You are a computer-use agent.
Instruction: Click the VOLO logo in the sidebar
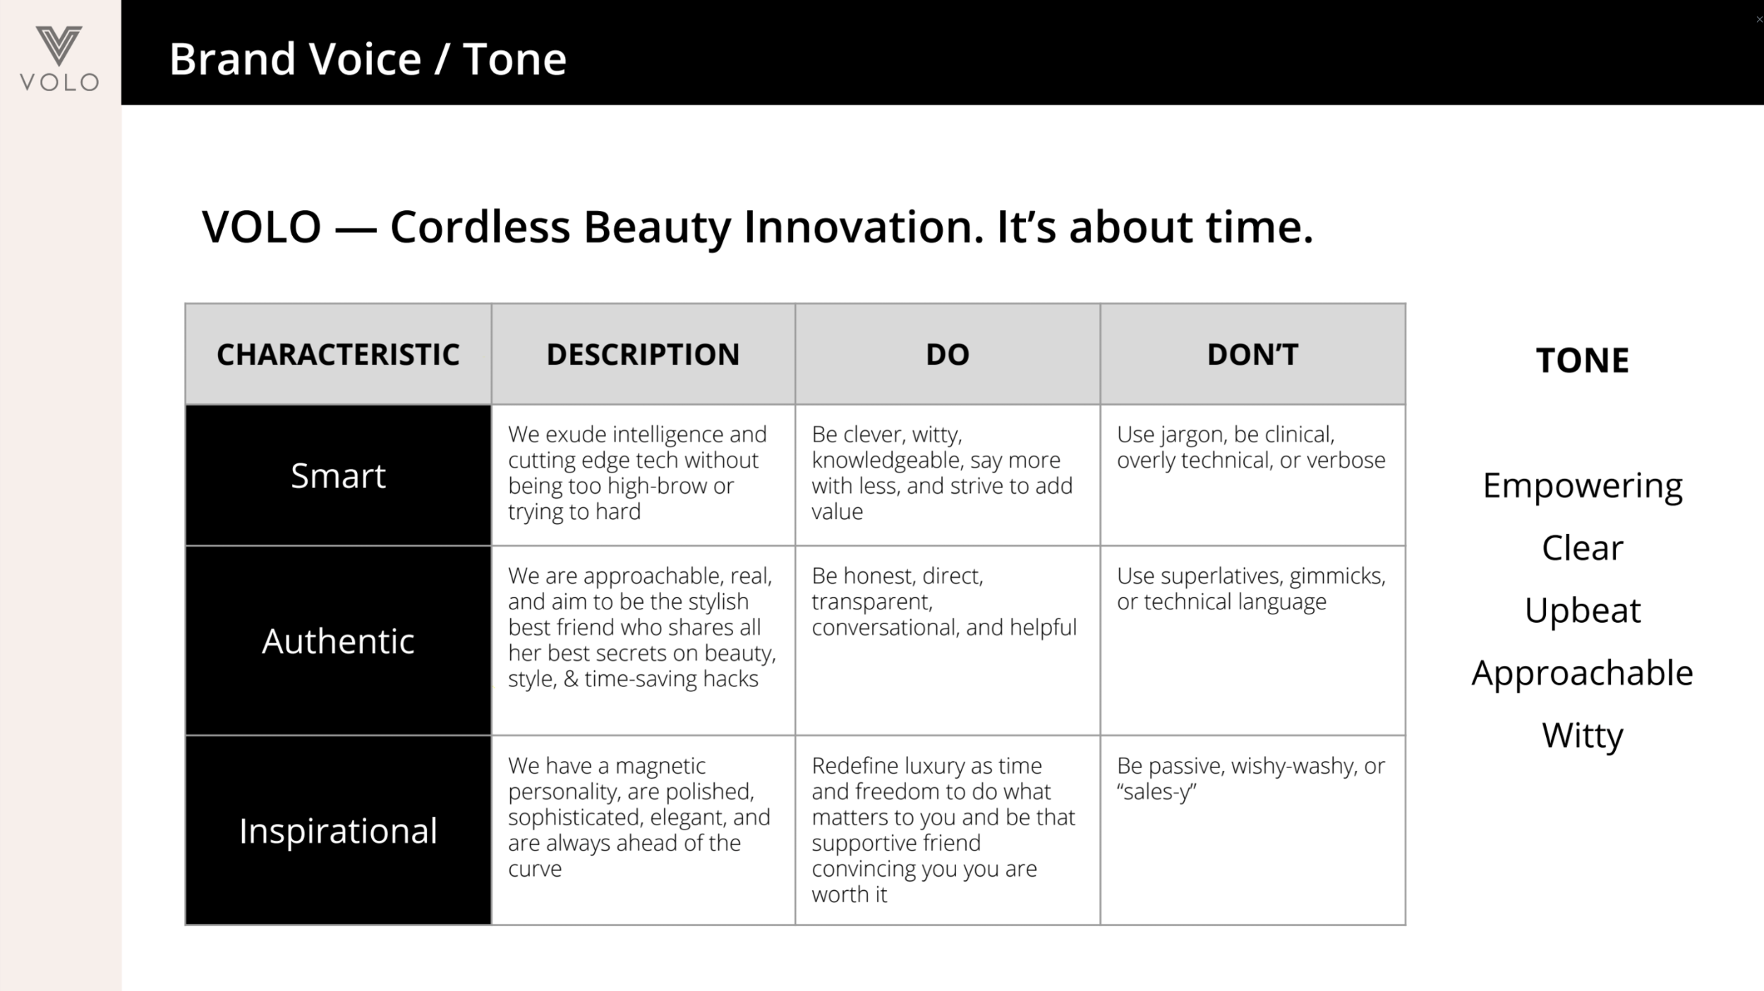(59, 59)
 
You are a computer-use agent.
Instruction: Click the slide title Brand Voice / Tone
(368, 59)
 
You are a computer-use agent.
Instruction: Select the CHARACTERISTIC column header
(338, 354)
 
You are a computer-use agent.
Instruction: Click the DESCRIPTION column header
(643, 354)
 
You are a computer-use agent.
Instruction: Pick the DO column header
(947, 354)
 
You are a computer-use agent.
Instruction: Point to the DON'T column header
(1252, 354)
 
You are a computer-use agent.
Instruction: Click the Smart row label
(338, 475)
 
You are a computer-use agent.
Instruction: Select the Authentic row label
(338, 640)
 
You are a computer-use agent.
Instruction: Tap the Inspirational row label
(338, 830)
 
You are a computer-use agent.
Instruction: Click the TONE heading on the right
(1582, 360)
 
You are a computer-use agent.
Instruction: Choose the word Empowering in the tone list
(1583, 487)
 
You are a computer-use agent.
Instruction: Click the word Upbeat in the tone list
(1583, 611)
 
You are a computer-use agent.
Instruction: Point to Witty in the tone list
(1583, 736)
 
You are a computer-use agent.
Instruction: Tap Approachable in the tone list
(1583, 674)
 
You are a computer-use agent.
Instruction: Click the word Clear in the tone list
(1583, 547)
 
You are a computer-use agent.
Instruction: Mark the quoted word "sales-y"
(1156, 792)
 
